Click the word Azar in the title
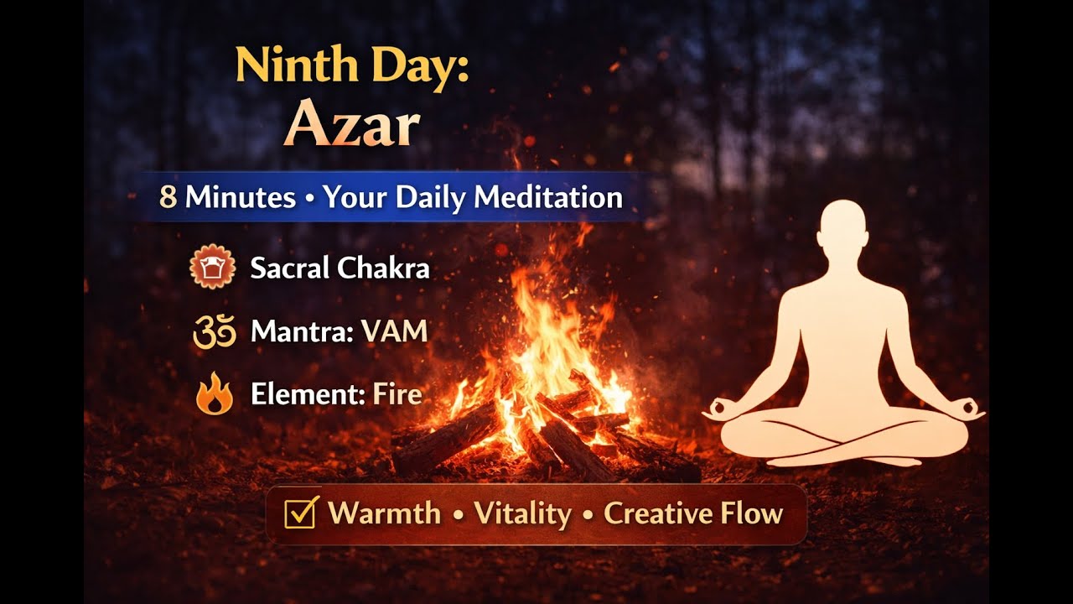pyautogui.click(x=351, y=126)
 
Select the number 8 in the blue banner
pyautogui.click(x=168, y=198)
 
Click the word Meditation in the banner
pyautogui.click(x=548, y=198)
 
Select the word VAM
pyautogui.click(x=394, y=332)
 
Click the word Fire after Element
pyautogui.click(x=397, y=395)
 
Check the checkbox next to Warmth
pyautogui.click(x=300, y=513)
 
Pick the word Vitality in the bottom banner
pyautogui.click(x=523, y=513)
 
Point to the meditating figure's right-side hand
pyautogui.click(x=971, y=411)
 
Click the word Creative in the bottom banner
pyautogui.click(x=656, y=513)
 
